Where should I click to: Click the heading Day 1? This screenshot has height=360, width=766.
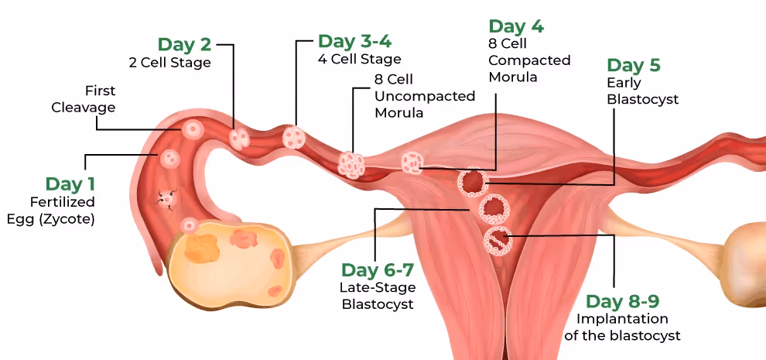pyautogui.click(x=70, y=184)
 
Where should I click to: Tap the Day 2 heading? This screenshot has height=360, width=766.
pyautogui.click(x=184, y=44)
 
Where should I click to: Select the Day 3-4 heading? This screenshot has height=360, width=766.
pyautogui.click(x=350, y=40)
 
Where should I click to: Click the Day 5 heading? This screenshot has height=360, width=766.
pyautogui.click(x=634, y=65)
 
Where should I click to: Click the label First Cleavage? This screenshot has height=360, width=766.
pyautogui.click(x=84, y=99)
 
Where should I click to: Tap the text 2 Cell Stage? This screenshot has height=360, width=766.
pyautogui.click(x=169, y=63)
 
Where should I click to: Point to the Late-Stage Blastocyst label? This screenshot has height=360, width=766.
pyautogui.click(x=378, y=296)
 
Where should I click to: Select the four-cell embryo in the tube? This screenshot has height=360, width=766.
pyautogui.click(x=294, y=138)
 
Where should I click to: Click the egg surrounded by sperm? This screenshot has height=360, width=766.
pyautogui.click(x=166, y=198)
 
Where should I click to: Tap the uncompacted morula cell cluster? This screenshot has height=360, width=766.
pyautogui.click(x=351, y=163)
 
